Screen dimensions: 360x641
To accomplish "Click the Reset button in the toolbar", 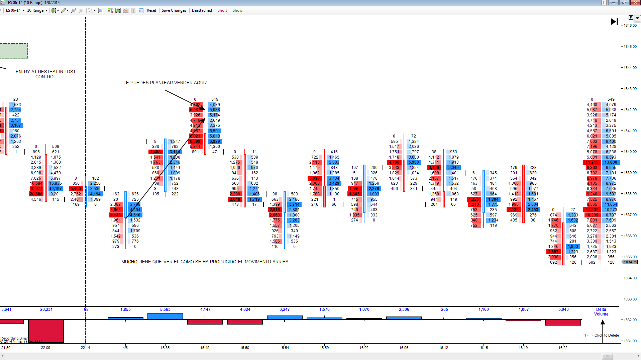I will tap(151, 10).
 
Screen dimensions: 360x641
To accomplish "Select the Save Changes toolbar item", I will tap(174, 10).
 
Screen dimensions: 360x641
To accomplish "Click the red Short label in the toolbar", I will tap(222, 10).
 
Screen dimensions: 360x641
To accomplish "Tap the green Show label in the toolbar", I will tap(237, 10).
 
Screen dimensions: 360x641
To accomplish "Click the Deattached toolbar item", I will tap(202, 10).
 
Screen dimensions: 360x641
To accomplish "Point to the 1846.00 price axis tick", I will tap(630, 25).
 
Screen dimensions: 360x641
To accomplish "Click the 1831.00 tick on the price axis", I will tap(630, 341).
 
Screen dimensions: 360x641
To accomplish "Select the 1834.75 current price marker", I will tap(630, 262).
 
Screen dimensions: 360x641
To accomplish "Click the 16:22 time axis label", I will tap(563, 348).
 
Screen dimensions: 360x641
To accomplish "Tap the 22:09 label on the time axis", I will tap(46, 348).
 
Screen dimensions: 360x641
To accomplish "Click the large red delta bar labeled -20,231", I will tap(46, 331).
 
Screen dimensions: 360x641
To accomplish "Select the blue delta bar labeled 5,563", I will tap(165, 316).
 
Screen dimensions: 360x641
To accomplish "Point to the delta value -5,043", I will tap(563, 309).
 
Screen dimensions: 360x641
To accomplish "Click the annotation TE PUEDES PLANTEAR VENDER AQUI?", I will tap(165, 83).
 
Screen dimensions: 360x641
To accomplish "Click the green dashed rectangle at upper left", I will tap(14, 51).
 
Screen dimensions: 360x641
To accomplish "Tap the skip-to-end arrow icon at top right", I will tap(614, 22).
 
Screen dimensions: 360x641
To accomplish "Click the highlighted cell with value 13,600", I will tap(611, 162).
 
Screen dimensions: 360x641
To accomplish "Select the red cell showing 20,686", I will tap(36, 194).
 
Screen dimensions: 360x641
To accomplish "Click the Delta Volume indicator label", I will tap(601, 312).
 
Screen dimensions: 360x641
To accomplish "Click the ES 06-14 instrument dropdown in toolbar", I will tap(15, 10).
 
